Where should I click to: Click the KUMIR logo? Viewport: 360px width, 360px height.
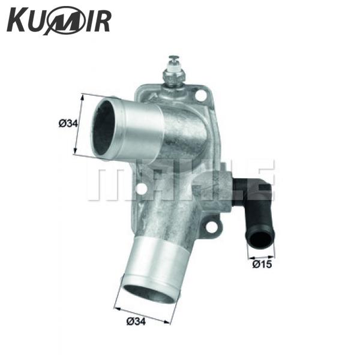click(59, 20)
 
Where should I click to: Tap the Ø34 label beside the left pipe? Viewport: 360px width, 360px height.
click(68, 124)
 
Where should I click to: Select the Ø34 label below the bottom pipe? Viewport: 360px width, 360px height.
click(136, 322)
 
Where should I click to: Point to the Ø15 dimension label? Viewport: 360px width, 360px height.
click(262, 264)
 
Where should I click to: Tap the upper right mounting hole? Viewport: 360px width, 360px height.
click(201, 95)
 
